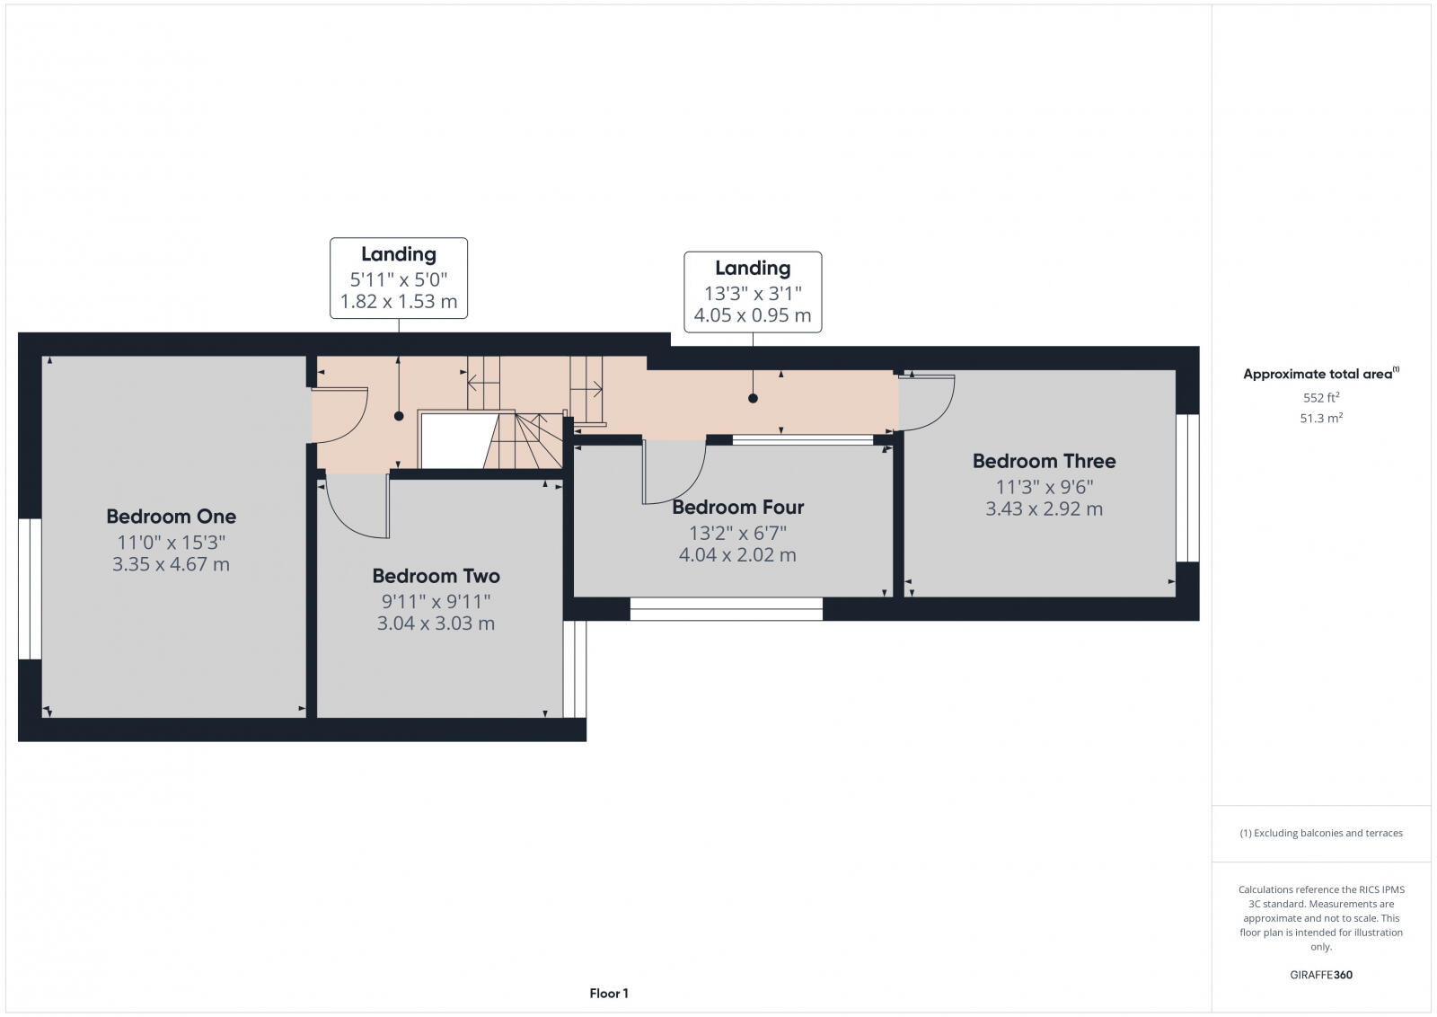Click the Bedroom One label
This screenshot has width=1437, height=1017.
point(171,517)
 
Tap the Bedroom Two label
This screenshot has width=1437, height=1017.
point(436,576)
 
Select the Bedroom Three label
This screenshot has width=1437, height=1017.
point(1044,461)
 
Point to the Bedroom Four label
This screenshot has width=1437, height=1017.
point(737,507)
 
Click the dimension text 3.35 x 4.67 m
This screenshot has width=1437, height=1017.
point(171,564)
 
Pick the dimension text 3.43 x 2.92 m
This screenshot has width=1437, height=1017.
point(1044,509)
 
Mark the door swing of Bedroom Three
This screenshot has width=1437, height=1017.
point(927,402)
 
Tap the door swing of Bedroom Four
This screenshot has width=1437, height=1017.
point(674,473)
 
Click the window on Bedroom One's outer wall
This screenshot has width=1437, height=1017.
point(30,588)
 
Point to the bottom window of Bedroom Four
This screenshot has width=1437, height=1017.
point(726,609)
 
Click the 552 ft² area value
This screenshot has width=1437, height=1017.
point(1320,397)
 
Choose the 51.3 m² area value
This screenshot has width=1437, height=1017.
point(1320,418)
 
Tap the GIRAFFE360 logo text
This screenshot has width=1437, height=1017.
point(1320,975)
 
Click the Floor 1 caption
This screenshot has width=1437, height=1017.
point(609,993)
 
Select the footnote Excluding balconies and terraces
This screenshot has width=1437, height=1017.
point(1320,833)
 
